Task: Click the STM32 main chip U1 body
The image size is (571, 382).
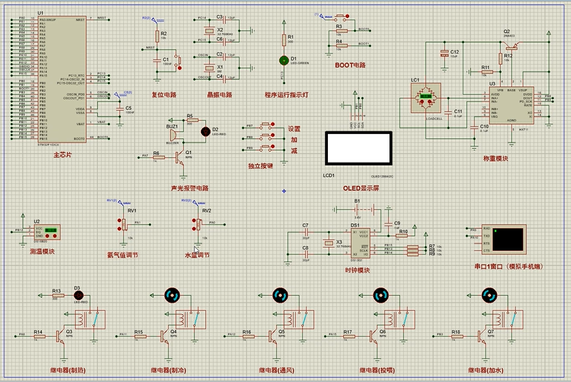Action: point(63,77)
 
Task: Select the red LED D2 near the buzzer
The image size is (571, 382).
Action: point(206,130)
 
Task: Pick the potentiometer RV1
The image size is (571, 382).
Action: point(124,223)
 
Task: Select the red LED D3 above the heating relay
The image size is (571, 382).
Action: point(77,295)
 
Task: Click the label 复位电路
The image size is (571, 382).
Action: point(164,95)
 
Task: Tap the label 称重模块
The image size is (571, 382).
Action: point(496,159)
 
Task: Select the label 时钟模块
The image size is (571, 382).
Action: point(357,270)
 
